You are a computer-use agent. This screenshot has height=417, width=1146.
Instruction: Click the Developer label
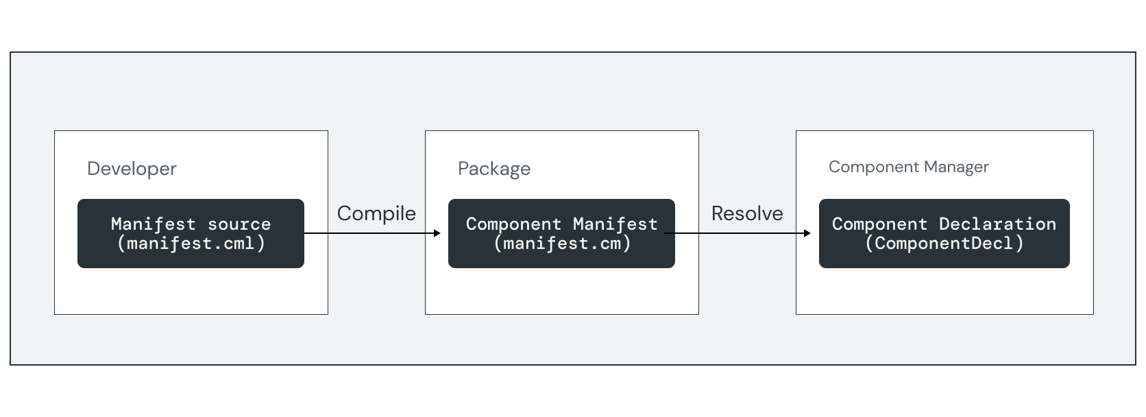tap(132, 169)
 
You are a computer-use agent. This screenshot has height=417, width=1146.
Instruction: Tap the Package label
tap(494, 169)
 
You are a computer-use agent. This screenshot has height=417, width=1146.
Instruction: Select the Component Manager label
tap(908, 167)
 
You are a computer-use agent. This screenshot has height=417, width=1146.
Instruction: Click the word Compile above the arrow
tap(376, 213)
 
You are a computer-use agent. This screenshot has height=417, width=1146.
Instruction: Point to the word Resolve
tap(747, 213)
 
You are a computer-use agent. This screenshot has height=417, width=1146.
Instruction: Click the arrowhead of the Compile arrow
tap(437, 233)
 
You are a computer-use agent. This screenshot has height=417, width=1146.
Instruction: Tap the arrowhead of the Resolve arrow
tap(807, 233)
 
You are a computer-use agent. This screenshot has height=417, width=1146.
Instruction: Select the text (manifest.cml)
tap(191, 243)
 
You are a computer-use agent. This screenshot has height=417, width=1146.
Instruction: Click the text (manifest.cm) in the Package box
tap(561, 243)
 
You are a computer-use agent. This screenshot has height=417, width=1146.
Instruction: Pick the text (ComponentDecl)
tap(944, 243)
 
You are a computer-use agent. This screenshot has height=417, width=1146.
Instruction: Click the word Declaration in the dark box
tap(997, 224)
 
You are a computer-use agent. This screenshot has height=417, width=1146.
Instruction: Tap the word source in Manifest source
tap(239, 224)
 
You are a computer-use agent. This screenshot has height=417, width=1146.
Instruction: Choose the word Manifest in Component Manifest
tap(615, 224)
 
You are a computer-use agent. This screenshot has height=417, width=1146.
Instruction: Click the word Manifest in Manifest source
tap(154, 224)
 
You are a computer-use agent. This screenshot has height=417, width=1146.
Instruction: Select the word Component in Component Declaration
tap(879, 224)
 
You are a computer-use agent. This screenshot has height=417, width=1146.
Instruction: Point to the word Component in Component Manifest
tap(513, 224)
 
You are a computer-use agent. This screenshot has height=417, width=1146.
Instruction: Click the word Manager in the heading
tap(956, 167)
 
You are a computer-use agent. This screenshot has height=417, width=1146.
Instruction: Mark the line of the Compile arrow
tap(370, 233)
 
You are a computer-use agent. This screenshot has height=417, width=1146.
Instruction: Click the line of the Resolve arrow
tap(737, 233)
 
